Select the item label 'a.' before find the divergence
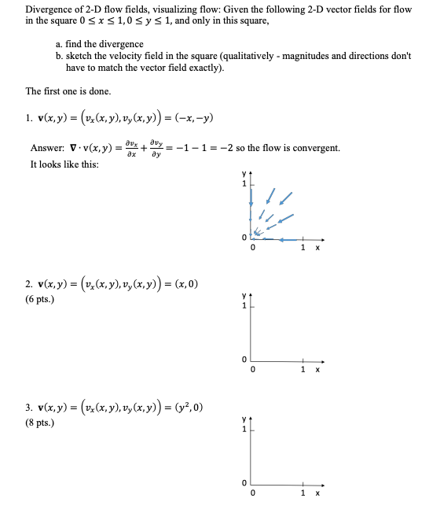point(60,44)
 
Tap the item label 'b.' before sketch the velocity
point(60,56)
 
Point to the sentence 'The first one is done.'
point(68,90)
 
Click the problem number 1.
point(28,119)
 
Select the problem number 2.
point(28,283)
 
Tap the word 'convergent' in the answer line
point(317,148)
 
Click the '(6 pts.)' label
point(41,299)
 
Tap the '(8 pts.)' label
point(41,424)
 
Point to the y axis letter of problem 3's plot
point(244,423)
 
